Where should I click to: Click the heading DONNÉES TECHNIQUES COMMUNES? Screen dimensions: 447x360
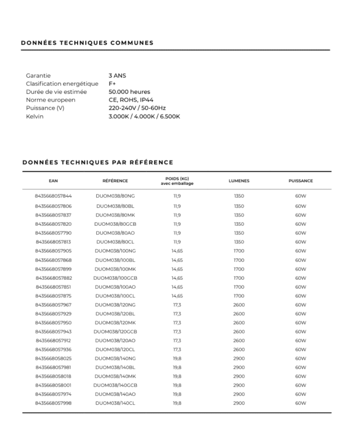coord(87,43)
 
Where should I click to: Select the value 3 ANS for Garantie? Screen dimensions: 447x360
coord(117,76)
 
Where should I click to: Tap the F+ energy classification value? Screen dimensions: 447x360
coord(112,84)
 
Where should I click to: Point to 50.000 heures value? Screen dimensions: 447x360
coord(129,92)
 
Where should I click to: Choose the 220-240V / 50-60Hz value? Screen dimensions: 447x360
coord(137,108)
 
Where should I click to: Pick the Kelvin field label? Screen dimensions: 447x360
coord(35,116)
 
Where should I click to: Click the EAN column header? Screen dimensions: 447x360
coord(53,181)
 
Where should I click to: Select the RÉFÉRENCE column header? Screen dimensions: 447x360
coord(115,181)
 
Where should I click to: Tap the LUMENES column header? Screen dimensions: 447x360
coord(239,181)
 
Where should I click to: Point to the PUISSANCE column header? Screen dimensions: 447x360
coord(300,181)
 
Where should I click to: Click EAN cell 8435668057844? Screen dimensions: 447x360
coord(53,196)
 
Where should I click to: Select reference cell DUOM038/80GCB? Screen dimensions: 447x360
coord(115,224)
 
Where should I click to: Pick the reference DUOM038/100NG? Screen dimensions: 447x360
coord(115,251)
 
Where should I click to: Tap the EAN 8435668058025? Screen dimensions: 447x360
coord(53,358)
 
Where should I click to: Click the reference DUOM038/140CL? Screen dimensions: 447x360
coord(115,403)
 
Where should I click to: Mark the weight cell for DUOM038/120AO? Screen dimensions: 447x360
coord(177,341)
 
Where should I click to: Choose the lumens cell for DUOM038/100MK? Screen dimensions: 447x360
coord(239,269)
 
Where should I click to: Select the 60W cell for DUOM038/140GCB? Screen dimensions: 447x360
coord(300,385)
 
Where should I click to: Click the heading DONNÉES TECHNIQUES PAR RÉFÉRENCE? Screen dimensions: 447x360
coord(98,162)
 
